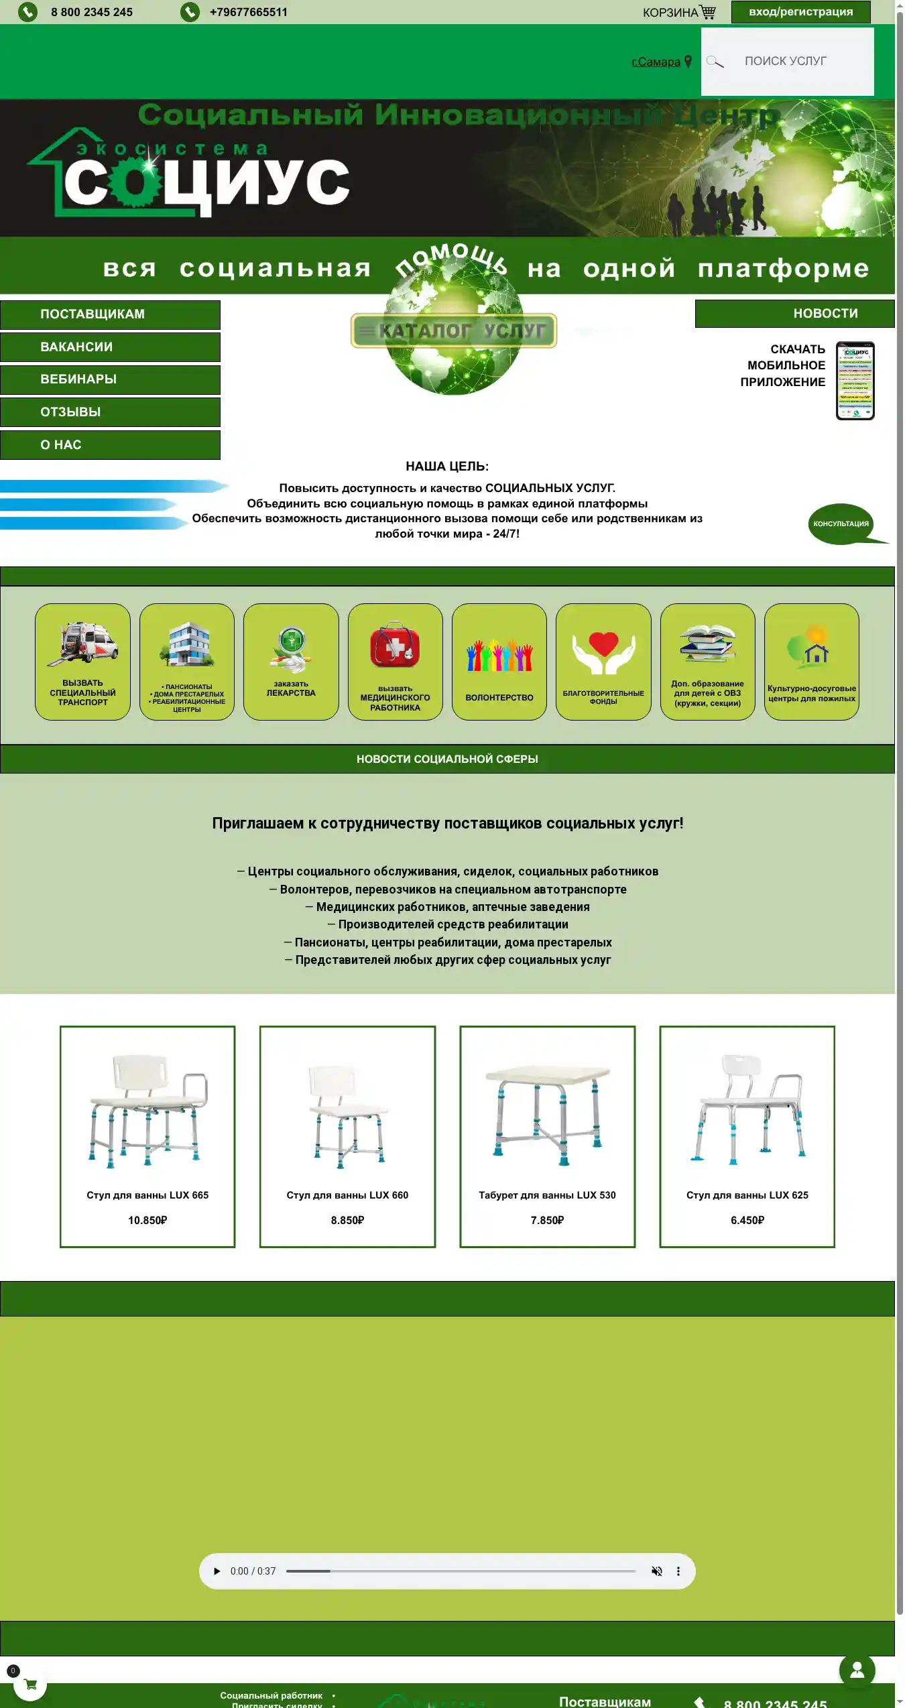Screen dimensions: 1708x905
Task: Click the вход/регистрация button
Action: pyautogui.click(x=800, y=12)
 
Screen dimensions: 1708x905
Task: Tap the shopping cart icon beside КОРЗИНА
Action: pyautogui.click(x=708, y=12)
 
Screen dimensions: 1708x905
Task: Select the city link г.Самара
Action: pyautogui.click(x=656, y=62)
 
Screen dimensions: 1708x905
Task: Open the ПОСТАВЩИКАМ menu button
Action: pyautogui.click(x=111, y=314)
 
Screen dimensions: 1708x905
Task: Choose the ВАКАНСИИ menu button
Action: pyautogui.click(x=111, y=347)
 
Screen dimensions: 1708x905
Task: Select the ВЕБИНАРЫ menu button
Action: pyautogui.click(x=111, y=379)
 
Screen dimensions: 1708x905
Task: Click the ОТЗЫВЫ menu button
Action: pyautogui.click(x=111, y=412)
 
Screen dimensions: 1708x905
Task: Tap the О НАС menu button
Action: pyautogui.click(x=111, y=445)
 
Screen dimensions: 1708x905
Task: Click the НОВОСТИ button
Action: pyautogui.click(x=794, y=314)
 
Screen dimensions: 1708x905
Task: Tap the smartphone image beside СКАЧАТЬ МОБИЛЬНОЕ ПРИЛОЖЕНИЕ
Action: pyautogui.click(x=855, y=381)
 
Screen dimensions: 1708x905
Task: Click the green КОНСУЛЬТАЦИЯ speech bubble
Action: pyautogui.click(x=841, y=524)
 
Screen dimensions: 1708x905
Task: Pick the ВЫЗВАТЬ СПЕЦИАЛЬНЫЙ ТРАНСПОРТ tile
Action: pyautogui.click(x=82, y=662)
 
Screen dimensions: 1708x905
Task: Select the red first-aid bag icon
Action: pyautogui.click(x=395, y=646)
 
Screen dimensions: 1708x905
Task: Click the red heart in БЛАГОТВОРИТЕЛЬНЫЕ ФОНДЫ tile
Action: pyautogui.click(x=603, y=644)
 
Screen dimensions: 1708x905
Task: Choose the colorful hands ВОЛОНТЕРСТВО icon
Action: pyautogui.click(x=499, y=656)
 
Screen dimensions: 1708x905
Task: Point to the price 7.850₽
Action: pyautogui.click(x=547, y=1220)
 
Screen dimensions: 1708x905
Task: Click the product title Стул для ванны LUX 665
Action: pyautogui.click(x=147, y=1195)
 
